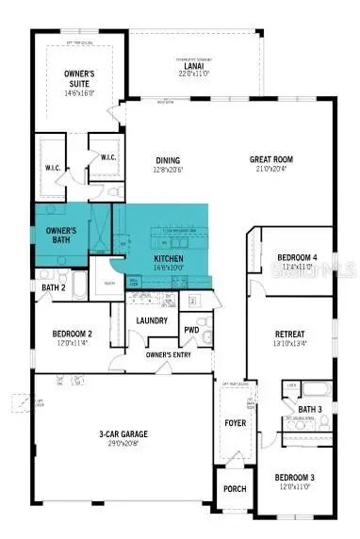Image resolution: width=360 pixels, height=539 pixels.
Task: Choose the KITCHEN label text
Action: [x=169, y=257]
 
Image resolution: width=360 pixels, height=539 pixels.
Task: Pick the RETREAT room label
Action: [x=288, y=335]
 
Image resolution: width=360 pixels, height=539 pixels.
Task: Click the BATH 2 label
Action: [x=53, y=287]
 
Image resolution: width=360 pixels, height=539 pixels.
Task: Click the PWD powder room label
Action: [x=191, y=330]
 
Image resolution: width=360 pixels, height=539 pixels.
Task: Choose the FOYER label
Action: [x=235, y=423]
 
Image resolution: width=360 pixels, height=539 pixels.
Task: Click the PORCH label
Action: [x=234, y=489]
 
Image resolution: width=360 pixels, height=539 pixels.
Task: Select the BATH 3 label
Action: [x=311, y=409]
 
